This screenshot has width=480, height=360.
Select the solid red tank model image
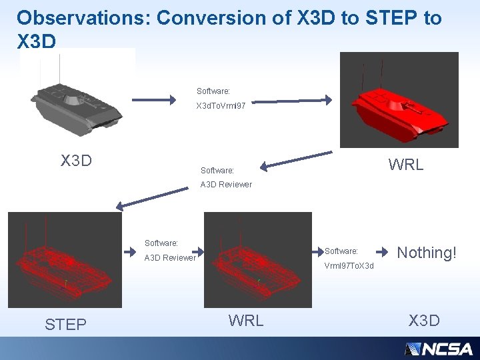[399, 100]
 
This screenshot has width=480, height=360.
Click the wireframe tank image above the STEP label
[65, 259]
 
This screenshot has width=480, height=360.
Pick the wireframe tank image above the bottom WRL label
[257, 259]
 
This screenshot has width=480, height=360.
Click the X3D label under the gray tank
[76, 161]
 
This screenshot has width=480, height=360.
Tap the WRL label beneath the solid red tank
[405, 165]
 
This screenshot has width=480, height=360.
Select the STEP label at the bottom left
[65, 325]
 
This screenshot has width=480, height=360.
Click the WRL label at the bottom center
[246, 320]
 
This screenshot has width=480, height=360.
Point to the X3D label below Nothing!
[424, 321]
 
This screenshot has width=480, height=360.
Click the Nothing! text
[427, 252]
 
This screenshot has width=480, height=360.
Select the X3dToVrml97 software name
[221, 106]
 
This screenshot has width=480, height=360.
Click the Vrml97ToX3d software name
[349, 266]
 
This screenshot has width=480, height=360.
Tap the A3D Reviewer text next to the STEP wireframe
[171, 258]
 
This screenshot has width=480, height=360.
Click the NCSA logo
[438, 349]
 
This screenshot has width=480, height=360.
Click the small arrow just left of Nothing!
[382, 253]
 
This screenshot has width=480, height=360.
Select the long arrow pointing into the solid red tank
[294, 101]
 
